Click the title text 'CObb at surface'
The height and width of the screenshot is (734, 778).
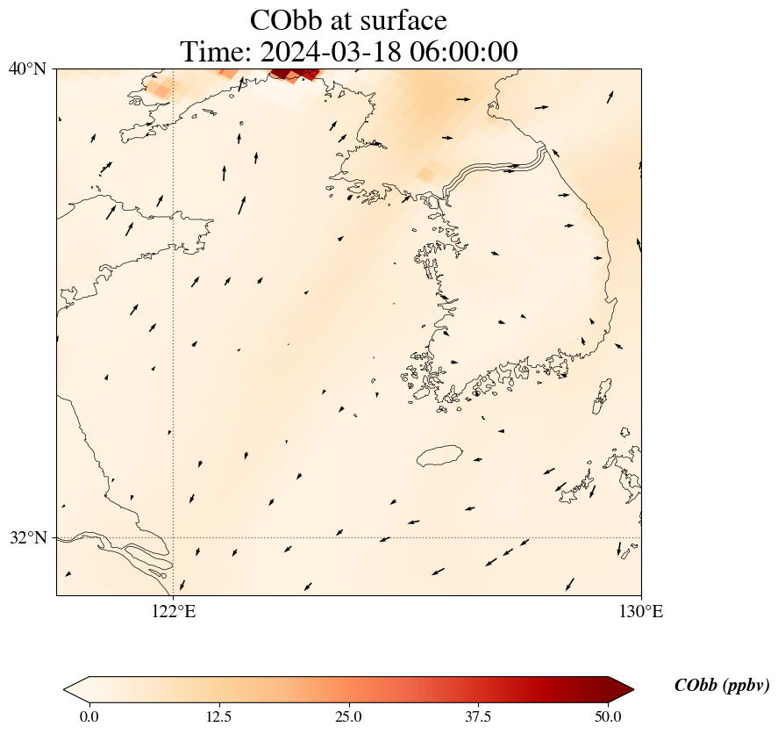click(348, 20)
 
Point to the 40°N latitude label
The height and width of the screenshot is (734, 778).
click(27, 68)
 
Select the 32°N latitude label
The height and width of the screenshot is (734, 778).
click(27, 537)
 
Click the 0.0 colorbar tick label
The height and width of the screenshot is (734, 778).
click(89, 716)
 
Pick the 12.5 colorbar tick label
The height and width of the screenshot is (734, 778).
click(218, 716)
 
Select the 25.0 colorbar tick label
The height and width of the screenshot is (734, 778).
click(348, 716)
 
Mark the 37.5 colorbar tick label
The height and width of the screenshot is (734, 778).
click(478, 716)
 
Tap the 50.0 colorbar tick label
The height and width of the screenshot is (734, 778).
click(608, 716)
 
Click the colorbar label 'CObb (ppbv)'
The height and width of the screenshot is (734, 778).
click(722, 687)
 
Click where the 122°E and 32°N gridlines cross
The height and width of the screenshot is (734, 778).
click(174, 537)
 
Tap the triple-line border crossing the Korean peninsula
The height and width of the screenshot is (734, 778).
click(496, 169)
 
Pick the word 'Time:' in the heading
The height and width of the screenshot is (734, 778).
click(216, 52)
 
